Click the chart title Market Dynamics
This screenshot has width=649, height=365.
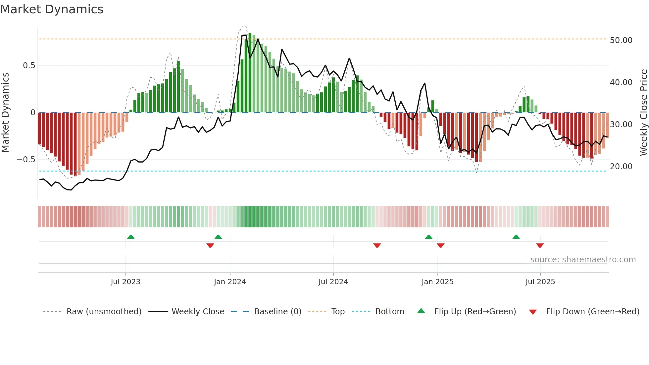coord(52,9)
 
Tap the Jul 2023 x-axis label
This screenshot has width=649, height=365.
coord(125,282)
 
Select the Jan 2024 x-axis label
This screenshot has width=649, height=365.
coord(230,282)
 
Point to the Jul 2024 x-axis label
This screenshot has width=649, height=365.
coord(333,282)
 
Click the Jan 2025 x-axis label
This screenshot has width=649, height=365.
coord(437,282)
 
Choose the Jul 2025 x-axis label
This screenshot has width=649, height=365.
coord(540,282)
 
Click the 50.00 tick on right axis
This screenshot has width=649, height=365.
coord(621,40)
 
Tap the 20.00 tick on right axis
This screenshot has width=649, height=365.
coord(621,166)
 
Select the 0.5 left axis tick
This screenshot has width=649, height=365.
coord(29,65)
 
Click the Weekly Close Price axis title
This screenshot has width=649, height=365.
coord(643,112)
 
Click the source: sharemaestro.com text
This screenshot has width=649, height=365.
coord(583,259)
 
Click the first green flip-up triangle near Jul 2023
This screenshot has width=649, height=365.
coord(131,237)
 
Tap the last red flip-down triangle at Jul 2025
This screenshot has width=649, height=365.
coord(540,245)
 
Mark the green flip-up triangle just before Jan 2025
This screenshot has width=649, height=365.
coord(428,237)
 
